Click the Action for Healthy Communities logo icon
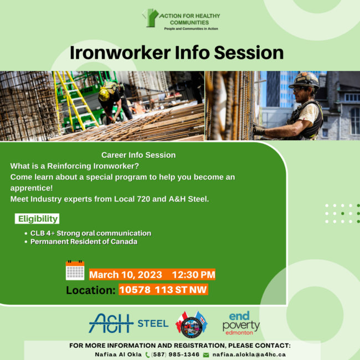[x=150, y=18]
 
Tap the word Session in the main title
[x=249, y=53]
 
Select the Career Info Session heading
[x=138, y=155]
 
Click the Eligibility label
[x=37, y=219]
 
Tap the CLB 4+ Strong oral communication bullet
[x=91, y=233]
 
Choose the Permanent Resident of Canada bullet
[x=84, y=241]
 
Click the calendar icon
[x=75, y=270]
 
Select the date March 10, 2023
[x=126, y=275]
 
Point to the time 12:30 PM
[x=193, y=275]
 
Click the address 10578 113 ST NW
[x=163, y=290]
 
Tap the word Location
[x=91, y=290]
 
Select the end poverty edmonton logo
[x=241, y=322]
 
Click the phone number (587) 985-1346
[x=175, y=354]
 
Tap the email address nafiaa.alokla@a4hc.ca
[x=249, y=354]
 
